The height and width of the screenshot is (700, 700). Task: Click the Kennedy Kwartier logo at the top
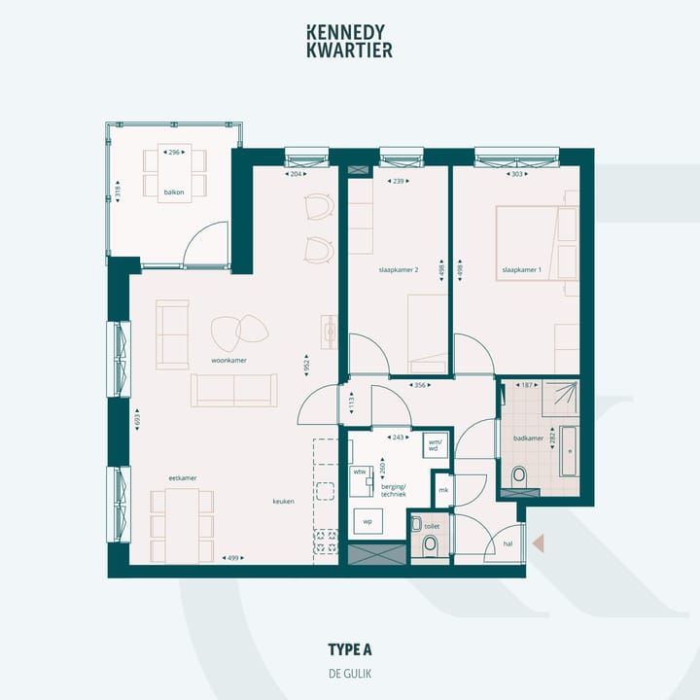(x=349, y=41)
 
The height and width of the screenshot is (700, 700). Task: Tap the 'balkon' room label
(x=175, y=192)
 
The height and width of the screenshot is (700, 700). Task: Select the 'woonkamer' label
(x=228, y=360)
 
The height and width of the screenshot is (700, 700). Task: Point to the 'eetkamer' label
(x=183, y=478)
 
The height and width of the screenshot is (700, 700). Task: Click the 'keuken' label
(x=284, y=502)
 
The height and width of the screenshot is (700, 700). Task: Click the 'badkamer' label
(x=528, y=438)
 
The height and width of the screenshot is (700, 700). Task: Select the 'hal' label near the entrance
(x=507, y=545)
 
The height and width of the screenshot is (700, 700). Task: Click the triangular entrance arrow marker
(x=540, y=545)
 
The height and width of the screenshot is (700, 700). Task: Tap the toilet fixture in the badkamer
(x=518, y=476)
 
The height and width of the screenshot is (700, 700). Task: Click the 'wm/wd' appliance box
(x=435, y=444)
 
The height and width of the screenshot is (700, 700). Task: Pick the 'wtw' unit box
(x=359, y=471)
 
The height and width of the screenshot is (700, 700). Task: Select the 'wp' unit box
(x=367, y=521)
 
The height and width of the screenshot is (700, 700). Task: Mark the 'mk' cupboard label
(x=443, y=490)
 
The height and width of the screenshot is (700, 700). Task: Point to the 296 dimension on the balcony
(x=175, y=153)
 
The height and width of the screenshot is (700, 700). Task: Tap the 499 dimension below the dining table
(x=231, y=558)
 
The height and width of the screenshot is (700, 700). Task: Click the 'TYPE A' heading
(x=350, y=649)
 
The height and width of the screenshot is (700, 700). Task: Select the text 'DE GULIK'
(x=350, y=673)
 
